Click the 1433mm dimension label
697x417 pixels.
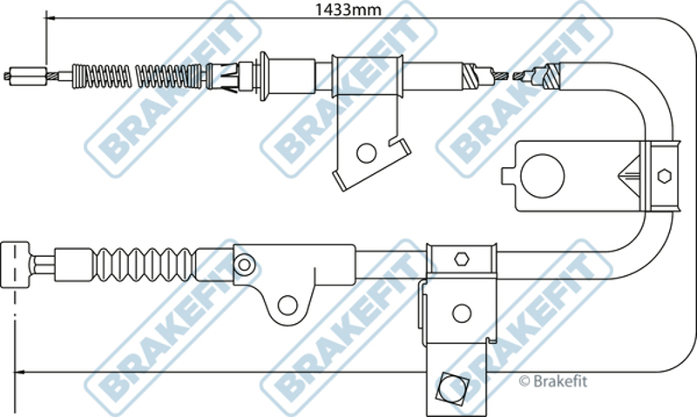click(x=348, y=10)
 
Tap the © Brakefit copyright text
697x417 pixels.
click(x=553, y=381)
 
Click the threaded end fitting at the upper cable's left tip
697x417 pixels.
click(x=28, y=76)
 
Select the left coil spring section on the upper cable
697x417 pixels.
click(x=101, y=76)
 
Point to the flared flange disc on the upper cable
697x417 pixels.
click(x=264, y=76)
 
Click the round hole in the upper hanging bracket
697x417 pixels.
click(x=366, y=152)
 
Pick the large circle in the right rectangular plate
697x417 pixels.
click(x=542, y=176)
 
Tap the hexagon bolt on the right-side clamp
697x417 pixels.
click(x=664, y=176)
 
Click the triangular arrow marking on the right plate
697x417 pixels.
click(x=628, y=175)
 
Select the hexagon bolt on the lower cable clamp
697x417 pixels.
click(x=462, y=259)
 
